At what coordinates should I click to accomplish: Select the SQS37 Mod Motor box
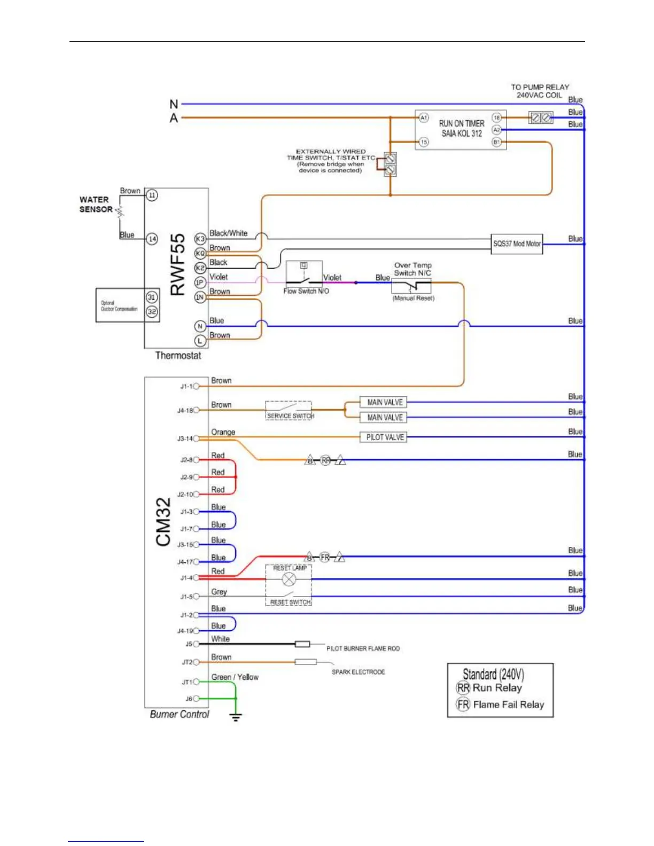click(517, 244)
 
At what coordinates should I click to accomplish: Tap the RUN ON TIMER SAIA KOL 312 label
click(461, 128)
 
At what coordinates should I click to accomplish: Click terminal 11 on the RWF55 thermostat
click(152, 195)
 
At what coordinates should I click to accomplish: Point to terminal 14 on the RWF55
click(152, 239)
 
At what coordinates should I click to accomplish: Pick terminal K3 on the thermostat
click(200, 239)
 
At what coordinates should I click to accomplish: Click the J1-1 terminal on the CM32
click(196, 386)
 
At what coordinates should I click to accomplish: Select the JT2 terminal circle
click(196, 662)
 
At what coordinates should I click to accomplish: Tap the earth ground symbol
click(236, 717)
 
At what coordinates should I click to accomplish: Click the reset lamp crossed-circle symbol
click(289, 579)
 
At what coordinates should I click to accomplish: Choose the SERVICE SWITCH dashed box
click(289, 410)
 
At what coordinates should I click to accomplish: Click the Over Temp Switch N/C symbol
click(411, 286)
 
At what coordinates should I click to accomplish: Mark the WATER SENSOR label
click(96, 205)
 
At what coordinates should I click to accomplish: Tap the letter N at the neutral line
click(174, 104)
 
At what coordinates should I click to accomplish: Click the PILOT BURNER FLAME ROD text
click(363, 648)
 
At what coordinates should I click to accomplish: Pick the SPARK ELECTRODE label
click(358, 672)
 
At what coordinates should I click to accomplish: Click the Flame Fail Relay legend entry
click(500, 704)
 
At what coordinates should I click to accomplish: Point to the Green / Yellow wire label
click(235, 677)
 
